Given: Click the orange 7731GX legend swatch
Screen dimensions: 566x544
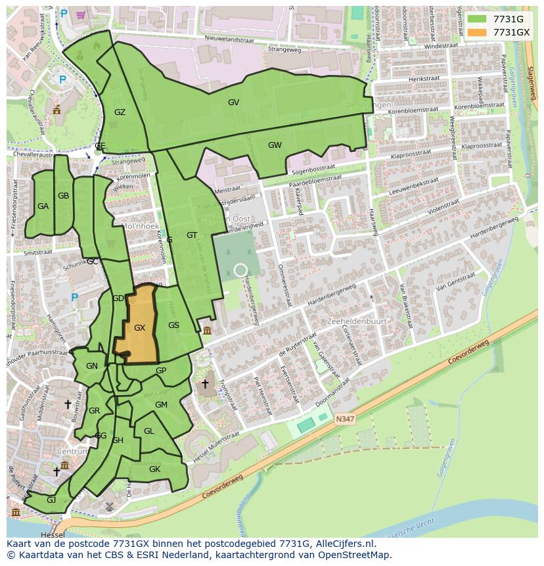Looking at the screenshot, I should (x=477, y=32).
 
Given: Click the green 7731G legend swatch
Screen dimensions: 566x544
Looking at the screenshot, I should (x=477, y=19).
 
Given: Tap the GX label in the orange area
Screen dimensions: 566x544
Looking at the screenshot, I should (x=139, y=327).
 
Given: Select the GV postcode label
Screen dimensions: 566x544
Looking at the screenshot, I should (x=233, y=102).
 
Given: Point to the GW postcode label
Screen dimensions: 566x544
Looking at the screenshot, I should (x=275, y=145).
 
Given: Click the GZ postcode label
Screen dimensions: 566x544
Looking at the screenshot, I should (x=120, y=112).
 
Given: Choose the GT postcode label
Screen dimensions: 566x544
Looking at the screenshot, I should (x=192, y=235).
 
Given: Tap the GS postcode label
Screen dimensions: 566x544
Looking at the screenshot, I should (x=173, y=325).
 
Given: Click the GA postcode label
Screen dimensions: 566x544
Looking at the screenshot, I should (x=43, y=206).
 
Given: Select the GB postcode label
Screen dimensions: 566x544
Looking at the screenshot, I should (x=63, y=195).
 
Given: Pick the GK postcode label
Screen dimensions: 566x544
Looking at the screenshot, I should (x=154, y=469).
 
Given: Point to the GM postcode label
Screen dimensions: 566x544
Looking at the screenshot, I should (x=161, y=405).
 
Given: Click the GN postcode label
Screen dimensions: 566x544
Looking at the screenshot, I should (x=92, y=366).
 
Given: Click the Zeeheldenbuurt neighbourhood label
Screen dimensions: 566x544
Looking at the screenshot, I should (x=357, y=321).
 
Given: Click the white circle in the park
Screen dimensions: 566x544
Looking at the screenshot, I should (x=240, y=270).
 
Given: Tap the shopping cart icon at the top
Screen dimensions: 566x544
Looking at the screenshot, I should (x=81, y=14).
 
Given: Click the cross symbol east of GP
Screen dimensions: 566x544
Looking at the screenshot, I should (x=205, y=383).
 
